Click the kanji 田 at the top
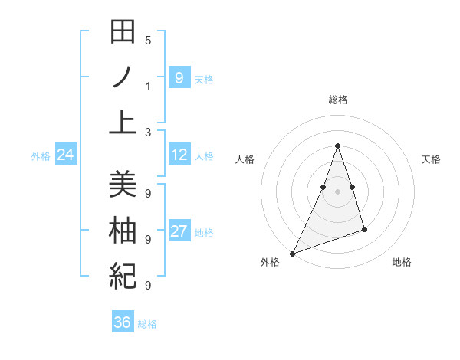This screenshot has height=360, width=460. pyautogui.click(x=123, y=33)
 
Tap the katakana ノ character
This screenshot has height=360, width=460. pyautogui.click(x=123, y=77)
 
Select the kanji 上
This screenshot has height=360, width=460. pyautogui.click(x=123, y=122)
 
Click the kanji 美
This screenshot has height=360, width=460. pyautogui.click(x=123, y=185)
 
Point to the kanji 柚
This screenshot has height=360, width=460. pyautogui.click(x=123, y=230)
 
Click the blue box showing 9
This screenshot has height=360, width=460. pyautogui.click(x=179, y=78)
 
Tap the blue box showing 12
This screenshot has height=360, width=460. pyautogui.click(x=179, y=155)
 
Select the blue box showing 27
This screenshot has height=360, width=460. pyautogui.click(x=179, y=232)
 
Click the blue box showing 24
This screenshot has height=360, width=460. pyautogui.click(x=65, y=155)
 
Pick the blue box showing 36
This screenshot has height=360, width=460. pyautogui.click(x=123, y=322)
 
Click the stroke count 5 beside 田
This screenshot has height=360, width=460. pyautogui.click(x=148, y=40)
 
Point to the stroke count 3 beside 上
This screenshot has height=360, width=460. pyautogui.click(x=148, y=132)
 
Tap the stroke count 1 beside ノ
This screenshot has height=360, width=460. pyautogui.click(x=148, y=86)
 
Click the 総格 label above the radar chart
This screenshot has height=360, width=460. pyautogui.click(x=337, y=100)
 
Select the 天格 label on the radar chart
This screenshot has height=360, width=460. pyautogui.click(x=431, y=159)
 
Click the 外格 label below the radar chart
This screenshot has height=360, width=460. pyautogui.click(x=270, y=262)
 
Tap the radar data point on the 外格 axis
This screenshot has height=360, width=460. pyautogui.click(x=292, y=253)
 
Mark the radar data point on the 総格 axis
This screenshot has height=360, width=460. pyautogui.click(x=337, y=146)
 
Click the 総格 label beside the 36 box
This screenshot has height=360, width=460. pyautogui.click(x=147, y=324)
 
